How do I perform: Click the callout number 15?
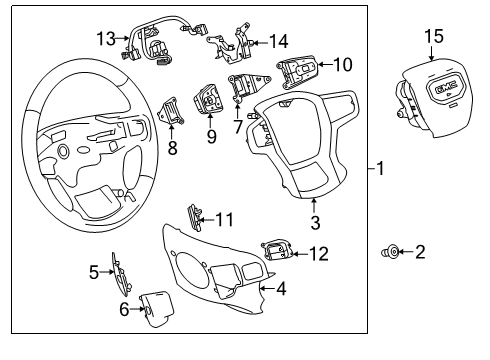pos(432,37)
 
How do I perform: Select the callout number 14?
pos(278,41)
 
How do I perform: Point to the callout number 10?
pos(342,65)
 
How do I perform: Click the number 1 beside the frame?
pos(381,169)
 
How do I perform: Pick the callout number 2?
pos(420,252)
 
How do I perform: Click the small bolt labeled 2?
pos(388,253)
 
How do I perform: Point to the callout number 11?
pos(225,217)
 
